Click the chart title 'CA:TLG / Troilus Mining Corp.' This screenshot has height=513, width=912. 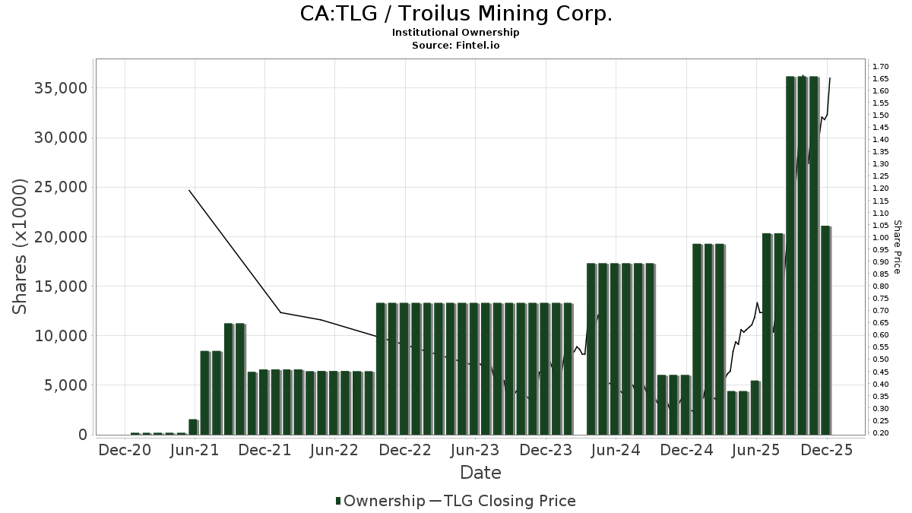(456, 14)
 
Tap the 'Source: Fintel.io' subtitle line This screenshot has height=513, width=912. (456, 45)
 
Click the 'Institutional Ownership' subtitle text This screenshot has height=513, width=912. (456, 33)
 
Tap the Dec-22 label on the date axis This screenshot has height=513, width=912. (405, 450)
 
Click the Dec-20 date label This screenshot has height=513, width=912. (125, 450)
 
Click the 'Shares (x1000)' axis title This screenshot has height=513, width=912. (21, 246)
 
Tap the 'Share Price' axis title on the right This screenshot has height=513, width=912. (897, 247)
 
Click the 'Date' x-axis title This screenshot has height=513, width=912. (480, 473)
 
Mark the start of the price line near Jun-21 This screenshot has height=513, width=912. (189, 190)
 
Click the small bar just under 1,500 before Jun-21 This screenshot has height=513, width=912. (193, 426)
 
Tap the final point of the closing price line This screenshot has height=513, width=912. (829, 78)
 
